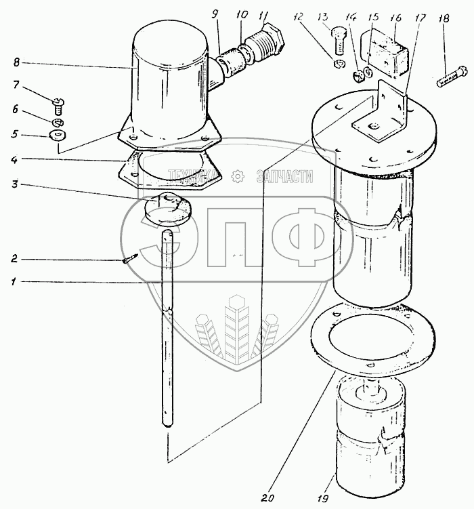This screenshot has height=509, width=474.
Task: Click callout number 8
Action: coord(15,63)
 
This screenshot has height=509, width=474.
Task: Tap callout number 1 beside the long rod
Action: coord(14,281)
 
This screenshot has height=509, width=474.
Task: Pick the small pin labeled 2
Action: coord(131,258)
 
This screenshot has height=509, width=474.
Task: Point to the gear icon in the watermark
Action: coord(238,177)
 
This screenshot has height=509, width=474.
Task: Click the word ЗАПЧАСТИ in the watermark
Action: coord(284,177)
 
